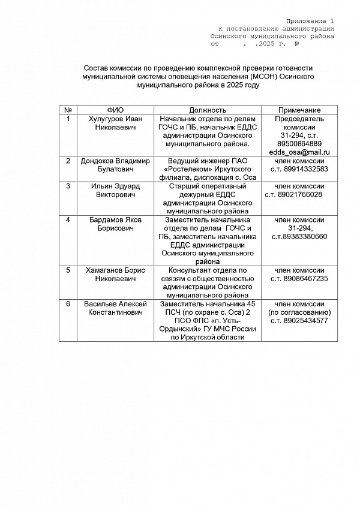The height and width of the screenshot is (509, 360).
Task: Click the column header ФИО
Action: coord(115,110)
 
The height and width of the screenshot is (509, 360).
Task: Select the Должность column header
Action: coord(208,110)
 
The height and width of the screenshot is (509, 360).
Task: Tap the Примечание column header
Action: coord(299,110)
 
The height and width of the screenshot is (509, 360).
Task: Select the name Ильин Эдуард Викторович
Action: coord(115,190)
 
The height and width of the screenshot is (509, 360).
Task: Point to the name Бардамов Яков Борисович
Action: coord(115,224)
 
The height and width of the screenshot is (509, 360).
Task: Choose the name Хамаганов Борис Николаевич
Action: coord(115,274)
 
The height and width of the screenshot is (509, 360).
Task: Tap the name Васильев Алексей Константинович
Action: coord(115,308)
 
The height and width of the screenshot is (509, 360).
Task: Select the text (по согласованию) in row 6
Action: coord(299,312)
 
